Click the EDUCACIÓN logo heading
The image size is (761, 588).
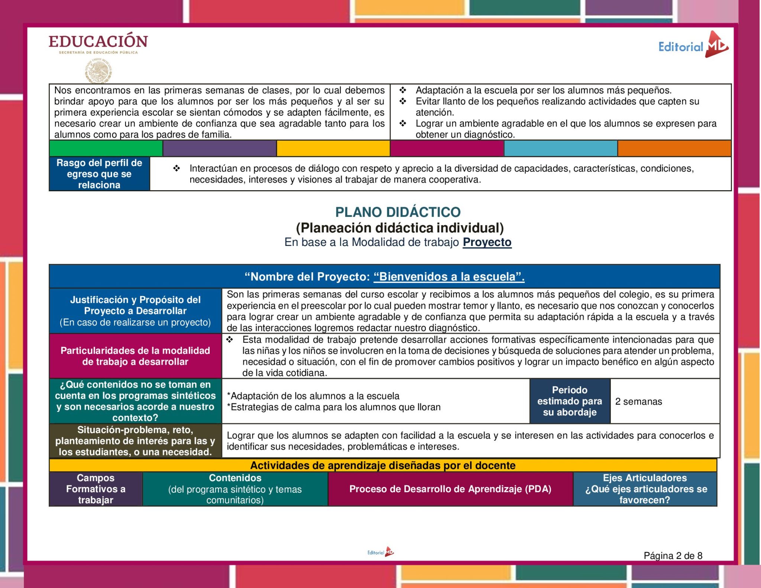point(98,41)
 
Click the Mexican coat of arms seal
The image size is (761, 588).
point(98,71)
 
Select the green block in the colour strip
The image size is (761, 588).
point(106,149)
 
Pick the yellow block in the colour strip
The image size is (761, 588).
point(333,149)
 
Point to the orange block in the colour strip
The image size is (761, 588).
point(674,149)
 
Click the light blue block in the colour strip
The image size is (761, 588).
point(560,149)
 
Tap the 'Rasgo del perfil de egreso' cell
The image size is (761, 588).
point(99,174)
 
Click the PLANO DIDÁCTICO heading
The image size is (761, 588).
point(398,212)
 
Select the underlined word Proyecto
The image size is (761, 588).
point(487,242)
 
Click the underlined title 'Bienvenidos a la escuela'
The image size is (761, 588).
point(449,277)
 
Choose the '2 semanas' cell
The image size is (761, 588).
point(638,402)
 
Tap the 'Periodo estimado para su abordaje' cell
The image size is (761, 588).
point(570,401)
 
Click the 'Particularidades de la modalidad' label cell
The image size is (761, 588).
point(135,356)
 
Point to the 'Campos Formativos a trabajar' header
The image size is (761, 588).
point(96,489)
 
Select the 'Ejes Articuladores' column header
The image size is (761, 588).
point(645,489)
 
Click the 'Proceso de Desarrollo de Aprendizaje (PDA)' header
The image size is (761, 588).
point(450,489)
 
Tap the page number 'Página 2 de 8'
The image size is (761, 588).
point(673,556)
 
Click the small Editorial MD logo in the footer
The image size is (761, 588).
point(380,552)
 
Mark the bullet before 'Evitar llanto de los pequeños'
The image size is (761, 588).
point(403,101)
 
